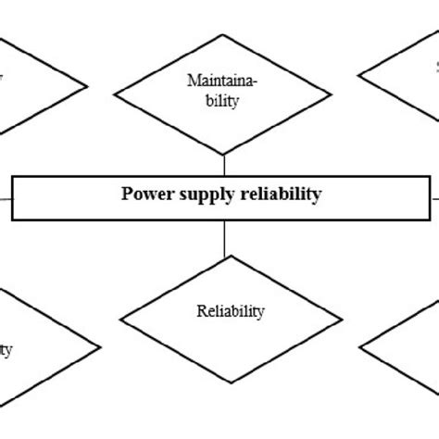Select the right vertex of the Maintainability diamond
pos(331,91)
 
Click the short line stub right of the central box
pos(433,196)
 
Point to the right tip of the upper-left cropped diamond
pos(88,87)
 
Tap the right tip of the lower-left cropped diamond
pos(99,348)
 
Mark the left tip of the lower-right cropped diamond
pos(358,350)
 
